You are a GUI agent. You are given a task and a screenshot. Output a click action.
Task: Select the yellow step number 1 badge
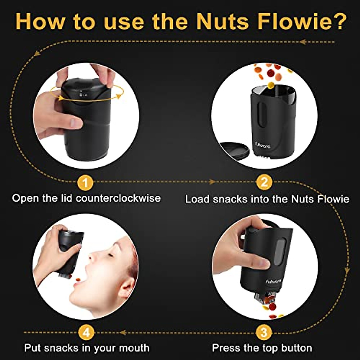point(85,182)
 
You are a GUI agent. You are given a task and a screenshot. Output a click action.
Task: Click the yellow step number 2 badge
point(264,182)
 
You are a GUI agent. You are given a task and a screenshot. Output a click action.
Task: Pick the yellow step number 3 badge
point(264,332)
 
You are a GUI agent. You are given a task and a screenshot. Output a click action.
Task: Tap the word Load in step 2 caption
point(197,199)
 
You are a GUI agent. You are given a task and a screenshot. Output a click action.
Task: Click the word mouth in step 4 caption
point(134,348)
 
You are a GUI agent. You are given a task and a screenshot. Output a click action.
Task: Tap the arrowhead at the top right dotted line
point(302,42)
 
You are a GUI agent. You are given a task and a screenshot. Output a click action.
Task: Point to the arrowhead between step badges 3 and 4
point(123,332)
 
